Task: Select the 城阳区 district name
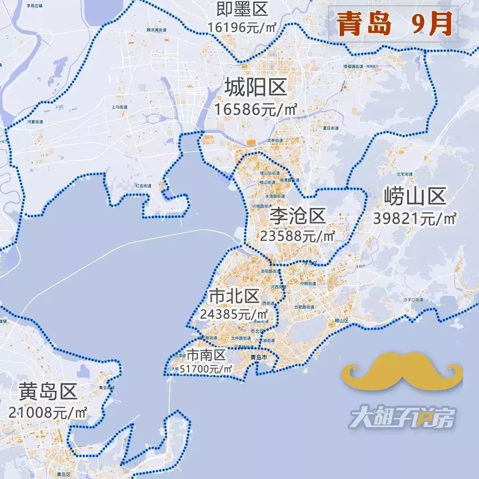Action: pyautogui.click(x=255, y=87)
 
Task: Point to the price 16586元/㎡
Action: pyautogui.click(x=255, y=109)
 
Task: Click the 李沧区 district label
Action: pyautogui.click(x=298, y=217)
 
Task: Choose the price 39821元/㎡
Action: pyautogui.click(x=415, y=218)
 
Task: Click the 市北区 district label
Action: pyautogui.click(x=234, y=296)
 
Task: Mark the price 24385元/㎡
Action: pyautogui.click(x=234, y=314)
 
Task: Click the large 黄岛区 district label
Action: pyautogui.click(x=48, y=392)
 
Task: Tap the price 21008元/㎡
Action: pyautogui.click(x=48, y=412)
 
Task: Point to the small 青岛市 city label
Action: pyautogui.click(x=259, y=357)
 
